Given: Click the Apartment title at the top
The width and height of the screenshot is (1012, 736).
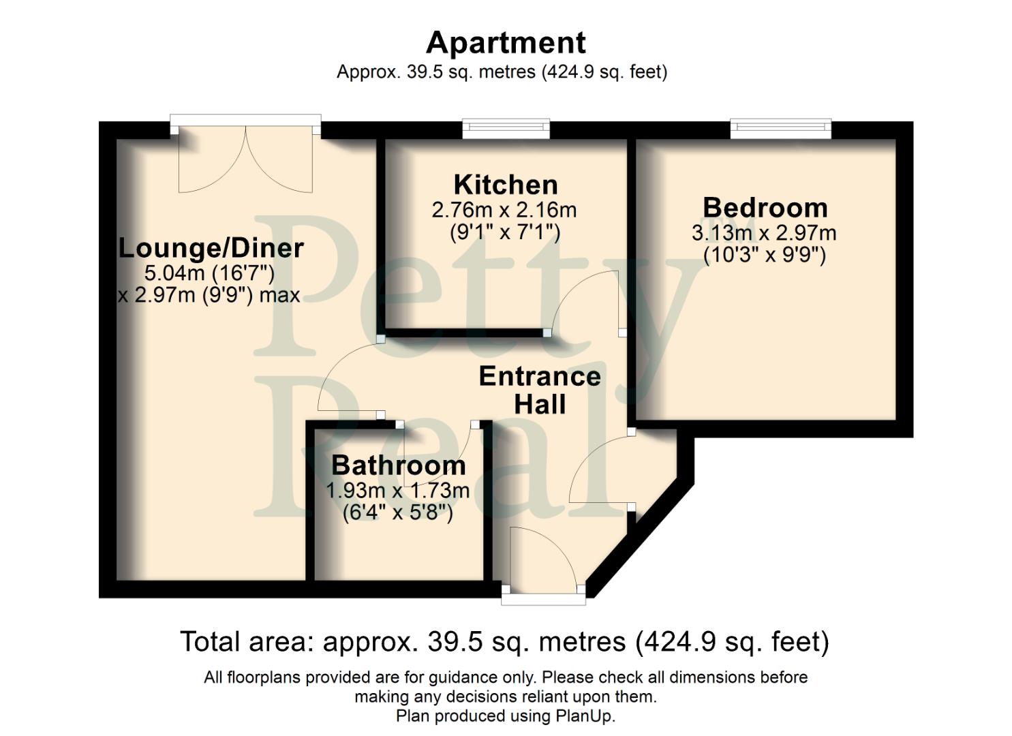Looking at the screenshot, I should point(505,43).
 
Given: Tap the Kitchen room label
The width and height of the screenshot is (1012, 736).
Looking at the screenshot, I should point(506,185).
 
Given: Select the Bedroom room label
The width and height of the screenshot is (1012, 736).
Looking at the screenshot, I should point(765,207).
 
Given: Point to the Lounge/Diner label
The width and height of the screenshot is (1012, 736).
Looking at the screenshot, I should point(211,247).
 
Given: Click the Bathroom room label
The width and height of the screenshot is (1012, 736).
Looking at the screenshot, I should point(399,465).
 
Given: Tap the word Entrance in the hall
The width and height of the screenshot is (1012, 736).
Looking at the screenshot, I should point(540,376).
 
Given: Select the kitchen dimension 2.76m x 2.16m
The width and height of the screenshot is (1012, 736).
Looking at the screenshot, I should point(504,210).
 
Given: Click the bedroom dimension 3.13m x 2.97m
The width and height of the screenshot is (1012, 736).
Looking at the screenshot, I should point(764,233).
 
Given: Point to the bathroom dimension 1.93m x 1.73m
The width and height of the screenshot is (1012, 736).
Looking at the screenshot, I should point(398,491).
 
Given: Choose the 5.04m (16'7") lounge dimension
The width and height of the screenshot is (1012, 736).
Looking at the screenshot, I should point(209,273).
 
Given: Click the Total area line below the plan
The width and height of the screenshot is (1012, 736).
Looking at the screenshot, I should point(504,642).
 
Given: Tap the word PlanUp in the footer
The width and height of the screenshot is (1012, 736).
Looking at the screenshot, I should point(585,716).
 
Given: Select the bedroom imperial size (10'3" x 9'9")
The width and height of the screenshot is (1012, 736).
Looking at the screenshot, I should point(764,256).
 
